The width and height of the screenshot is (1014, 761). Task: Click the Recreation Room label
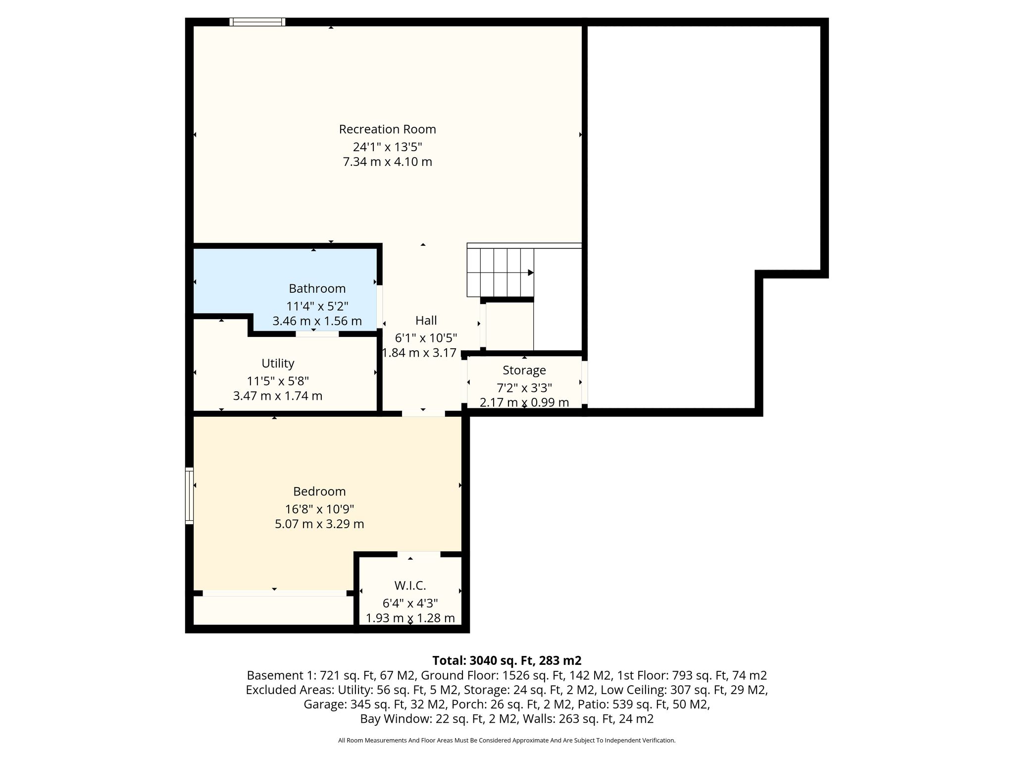point(387,129)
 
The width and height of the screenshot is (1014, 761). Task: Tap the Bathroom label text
point(317,288)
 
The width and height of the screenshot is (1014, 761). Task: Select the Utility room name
point(278,364)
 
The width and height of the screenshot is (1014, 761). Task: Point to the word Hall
point(426,320)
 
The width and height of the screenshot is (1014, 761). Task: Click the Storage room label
point(524,370)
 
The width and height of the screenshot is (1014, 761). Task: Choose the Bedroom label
point(319,491)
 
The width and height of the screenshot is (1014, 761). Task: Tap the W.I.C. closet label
point(410,586)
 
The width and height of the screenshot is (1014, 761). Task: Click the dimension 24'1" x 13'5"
point(387,147)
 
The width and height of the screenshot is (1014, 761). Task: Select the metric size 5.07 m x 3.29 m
point(319,524)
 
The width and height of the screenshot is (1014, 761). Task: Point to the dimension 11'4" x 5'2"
point(317,306)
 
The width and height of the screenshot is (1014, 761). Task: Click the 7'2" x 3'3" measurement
point(524,387)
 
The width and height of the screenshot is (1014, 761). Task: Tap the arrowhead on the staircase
point(530,272)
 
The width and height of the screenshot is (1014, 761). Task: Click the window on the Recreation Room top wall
point(257,22)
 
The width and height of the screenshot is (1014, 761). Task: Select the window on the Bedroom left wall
point(189,495)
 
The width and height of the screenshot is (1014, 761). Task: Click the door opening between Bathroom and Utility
point(317,334)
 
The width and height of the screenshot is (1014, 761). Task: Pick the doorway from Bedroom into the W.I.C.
point(419,554)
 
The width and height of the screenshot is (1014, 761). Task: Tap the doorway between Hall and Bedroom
point(423,413)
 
